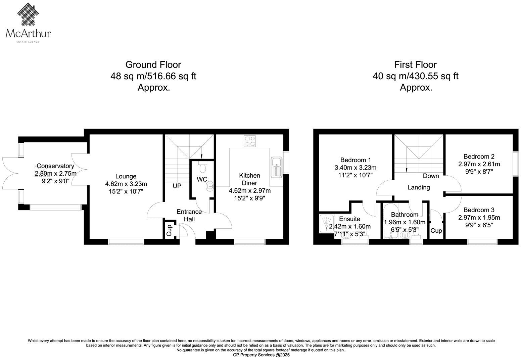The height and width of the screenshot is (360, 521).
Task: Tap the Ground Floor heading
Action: pos(153,64)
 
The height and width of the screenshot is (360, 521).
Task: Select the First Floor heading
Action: pos(415,64)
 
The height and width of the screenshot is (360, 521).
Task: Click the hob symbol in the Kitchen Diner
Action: pos(250,141)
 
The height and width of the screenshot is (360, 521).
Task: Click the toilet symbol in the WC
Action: pos(203,167)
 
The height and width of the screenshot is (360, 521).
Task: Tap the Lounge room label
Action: pos(126,176)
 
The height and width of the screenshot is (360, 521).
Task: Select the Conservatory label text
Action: pos(55,166)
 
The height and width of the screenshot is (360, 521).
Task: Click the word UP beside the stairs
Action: pos(177,186)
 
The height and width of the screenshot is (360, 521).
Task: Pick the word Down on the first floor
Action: pos(431,176)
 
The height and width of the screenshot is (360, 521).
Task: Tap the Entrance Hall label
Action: pos(189,215)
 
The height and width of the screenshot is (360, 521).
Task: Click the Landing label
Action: pos(419,187)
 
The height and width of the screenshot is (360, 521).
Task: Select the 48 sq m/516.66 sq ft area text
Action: pos(153,76)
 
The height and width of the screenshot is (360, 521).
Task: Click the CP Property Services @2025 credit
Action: pos(261,355)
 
